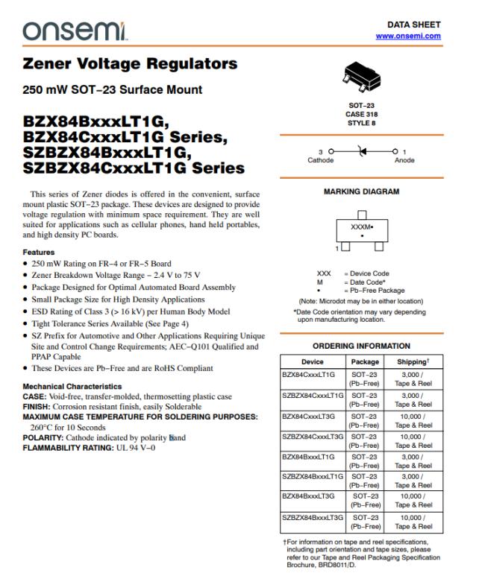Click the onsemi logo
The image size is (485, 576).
point(75,31)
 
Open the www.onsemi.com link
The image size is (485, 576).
point(408,36)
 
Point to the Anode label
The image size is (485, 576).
point(404,160)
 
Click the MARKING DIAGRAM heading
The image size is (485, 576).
point(361,192)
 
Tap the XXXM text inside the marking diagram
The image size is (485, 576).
point(360,225)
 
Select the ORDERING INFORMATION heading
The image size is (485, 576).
point(361,346)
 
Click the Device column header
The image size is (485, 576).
point(312,361)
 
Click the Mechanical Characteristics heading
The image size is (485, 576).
point(72,387)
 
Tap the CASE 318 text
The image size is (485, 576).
point(361,114)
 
